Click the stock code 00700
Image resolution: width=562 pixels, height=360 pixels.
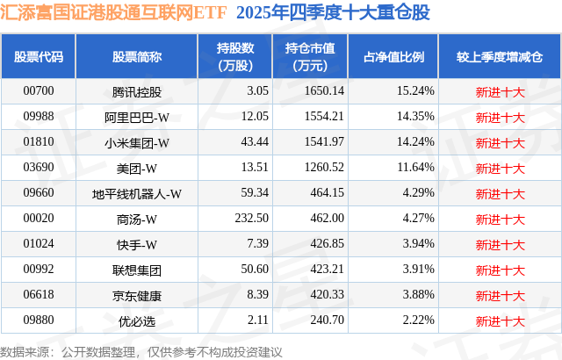click(x=39, y=91)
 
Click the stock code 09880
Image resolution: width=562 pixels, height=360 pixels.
click(x=39, y=321)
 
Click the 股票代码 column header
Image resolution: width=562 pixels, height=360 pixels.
click(x=39, y=56)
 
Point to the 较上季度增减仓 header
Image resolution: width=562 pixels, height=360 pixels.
click(x=499, y=56)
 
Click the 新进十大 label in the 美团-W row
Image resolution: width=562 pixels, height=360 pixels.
click(x=499, y=168)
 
